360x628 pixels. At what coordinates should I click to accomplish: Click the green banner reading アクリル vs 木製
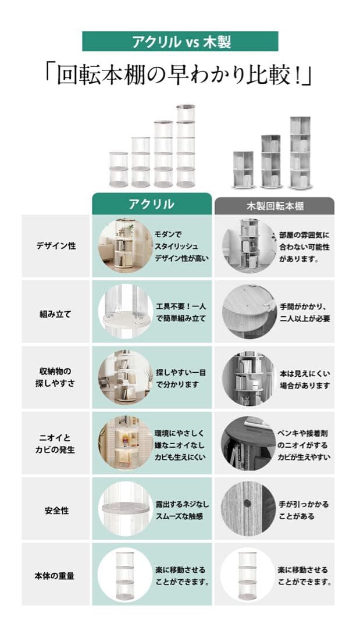pos(180,41)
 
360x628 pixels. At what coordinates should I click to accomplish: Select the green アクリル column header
pos(152,204)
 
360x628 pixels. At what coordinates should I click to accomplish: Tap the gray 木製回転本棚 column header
pos(275,206)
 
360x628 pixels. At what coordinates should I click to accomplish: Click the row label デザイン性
pos(56,246)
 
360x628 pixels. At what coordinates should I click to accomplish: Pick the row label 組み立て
pos(55,315)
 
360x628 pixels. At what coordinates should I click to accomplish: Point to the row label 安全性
pos(56,511)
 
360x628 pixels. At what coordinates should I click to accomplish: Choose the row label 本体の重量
pos(55,576)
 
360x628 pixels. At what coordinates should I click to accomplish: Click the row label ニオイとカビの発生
pos(55,444)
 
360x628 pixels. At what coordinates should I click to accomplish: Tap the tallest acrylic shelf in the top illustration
pos(186,146)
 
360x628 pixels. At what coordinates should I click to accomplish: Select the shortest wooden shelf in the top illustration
pos(243,170)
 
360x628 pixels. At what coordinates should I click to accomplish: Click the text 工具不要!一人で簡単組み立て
pos(181,312)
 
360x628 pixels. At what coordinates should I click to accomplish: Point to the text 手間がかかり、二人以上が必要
pos(304,313)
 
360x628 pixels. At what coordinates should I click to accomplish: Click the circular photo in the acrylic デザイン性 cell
pos(126,246)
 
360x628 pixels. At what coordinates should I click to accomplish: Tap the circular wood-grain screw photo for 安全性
pos(249,509)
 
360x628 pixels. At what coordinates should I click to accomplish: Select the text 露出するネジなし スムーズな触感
pos(182,511)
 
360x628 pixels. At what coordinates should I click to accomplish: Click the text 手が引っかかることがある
pos(304,511)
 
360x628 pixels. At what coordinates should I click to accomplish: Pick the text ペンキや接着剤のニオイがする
pos(302,440)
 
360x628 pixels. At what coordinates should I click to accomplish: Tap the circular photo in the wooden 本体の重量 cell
pos(248,575)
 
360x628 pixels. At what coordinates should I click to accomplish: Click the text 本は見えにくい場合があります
pos(305,379)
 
